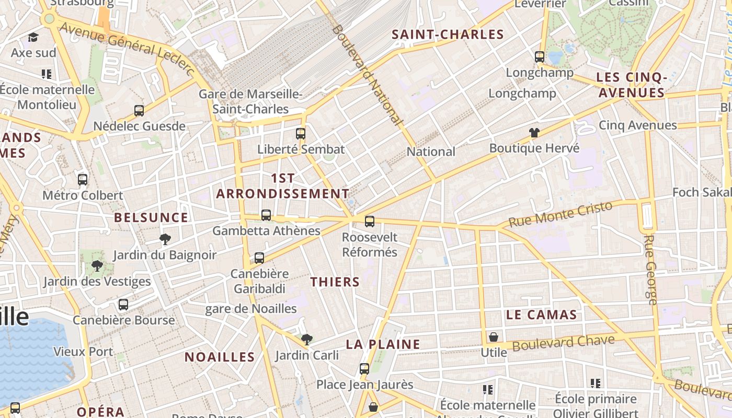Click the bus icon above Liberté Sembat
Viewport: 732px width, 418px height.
pos(300,133)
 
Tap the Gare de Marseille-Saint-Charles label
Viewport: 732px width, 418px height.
pos(250,102)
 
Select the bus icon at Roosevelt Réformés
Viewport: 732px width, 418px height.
pos(370,222)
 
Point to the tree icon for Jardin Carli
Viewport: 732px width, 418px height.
pos(307,340)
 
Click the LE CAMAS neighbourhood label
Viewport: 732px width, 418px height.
pos(541,315)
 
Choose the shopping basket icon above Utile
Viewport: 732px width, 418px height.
pos(494,337)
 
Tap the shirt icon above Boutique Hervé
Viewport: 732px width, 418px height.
pos(534,133)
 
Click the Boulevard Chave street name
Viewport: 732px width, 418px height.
pos(563,343)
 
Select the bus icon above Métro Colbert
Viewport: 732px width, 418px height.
pos(83,180)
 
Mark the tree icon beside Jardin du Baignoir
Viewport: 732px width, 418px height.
pos(165,240)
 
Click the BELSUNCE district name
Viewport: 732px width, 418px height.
pos(151,218)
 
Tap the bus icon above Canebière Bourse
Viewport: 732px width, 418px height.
pos(123,305)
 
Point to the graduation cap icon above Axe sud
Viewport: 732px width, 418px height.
pos(33,37)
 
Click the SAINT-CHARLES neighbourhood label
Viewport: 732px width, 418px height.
pos(448,35)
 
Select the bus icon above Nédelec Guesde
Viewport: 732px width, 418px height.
pos(139,111)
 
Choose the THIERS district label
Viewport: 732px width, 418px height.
pos(335,282)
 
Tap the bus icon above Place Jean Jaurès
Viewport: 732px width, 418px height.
pos(364,369)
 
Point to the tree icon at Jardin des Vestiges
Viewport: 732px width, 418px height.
pos(97,266)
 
